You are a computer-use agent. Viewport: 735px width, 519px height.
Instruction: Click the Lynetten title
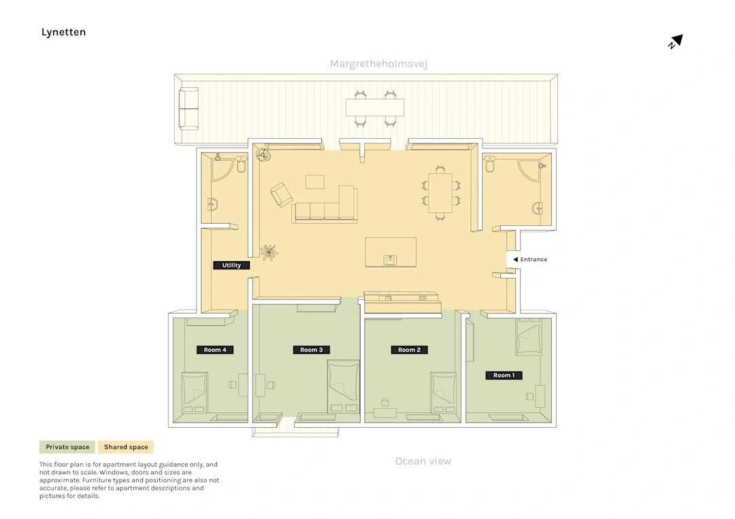63,33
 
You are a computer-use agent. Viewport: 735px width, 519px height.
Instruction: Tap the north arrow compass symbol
676,41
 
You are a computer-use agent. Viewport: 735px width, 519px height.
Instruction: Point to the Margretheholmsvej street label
379,64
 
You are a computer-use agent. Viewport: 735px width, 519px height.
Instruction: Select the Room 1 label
504,375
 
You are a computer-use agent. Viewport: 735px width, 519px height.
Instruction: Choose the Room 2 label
409,350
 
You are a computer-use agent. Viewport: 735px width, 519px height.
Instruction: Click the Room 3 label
311,350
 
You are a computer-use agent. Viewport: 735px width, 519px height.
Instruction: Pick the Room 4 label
214,350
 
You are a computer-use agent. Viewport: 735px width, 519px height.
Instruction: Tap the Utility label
231,265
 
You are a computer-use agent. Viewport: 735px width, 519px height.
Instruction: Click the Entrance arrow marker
515,260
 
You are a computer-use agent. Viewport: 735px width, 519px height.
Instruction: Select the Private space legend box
67,447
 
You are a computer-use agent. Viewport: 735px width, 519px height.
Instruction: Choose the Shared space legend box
126,447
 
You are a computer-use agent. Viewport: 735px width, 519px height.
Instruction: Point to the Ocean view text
423,461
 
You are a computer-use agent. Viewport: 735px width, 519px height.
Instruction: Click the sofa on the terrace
189,109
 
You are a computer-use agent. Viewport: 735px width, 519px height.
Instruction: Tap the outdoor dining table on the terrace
374,107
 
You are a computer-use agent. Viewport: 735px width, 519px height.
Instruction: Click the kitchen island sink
390,260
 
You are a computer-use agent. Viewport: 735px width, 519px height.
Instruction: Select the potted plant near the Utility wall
269,252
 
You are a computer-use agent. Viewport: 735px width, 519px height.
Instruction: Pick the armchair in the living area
281,195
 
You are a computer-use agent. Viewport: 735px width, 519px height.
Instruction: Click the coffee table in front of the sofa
315,182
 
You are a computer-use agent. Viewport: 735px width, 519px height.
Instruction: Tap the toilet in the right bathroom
490,163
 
